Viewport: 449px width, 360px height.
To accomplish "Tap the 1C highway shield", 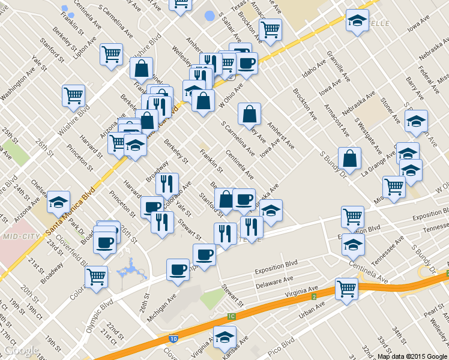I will [231, 316].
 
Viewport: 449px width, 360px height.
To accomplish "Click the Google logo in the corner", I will [22, 350].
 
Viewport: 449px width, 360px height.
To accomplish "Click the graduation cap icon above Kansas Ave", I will [225, 336].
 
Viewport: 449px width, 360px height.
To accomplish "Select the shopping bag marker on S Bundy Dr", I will [349, 158].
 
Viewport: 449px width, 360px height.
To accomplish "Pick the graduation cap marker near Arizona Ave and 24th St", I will [59, 201].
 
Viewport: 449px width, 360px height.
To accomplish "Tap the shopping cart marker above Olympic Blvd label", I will [96, 277].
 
